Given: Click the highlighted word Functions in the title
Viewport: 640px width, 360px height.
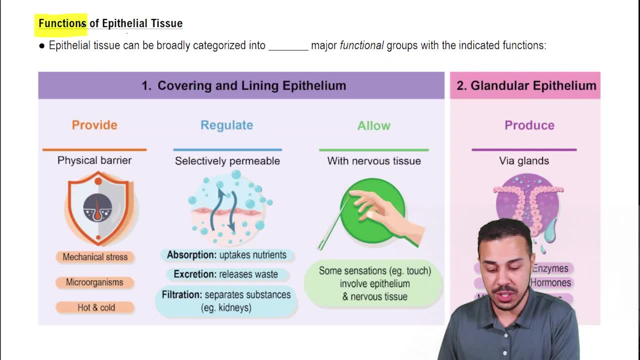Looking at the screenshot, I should (62, 23).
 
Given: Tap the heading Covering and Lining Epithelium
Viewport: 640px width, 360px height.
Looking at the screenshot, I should (243, 85).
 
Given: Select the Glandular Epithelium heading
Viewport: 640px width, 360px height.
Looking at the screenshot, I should (526, 85).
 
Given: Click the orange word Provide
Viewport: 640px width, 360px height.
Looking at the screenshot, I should (94, 125).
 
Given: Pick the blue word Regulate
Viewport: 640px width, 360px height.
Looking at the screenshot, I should (226, 125).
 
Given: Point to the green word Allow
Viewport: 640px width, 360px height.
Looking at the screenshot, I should (373, 125).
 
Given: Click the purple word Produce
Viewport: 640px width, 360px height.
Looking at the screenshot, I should (529, 125).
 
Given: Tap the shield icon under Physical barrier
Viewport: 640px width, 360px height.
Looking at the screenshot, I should (98, 208).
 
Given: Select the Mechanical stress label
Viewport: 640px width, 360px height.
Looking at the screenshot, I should (95, 257).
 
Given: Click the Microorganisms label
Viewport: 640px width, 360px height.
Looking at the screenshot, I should (94, 282).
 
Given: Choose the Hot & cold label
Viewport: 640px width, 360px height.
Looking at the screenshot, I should (96, 307).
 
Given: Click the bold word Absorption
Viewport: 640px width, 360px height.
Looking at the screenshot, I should (191, 255).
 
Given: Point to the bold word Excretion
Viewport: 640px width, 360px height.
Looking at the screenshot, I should (194, 274).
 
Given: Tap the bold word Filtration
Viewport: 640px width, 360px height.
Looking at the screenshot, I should (181, 294).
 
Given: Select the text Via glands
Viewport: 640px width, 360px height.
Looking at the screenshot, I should (523, 160).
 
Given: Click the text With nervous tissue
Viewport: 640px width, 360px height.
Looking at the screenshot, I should (373, 160).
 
